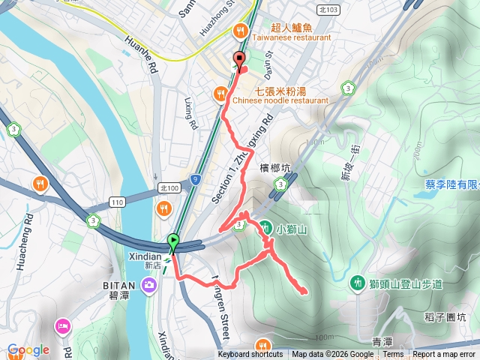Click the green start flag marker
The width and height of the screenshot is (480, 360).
[x=174, y=242]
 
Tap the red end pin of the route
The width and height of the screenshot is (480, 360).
[x=240, y=60]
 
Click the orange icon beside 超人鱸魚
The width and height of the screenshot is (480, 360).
[x=239, y=31]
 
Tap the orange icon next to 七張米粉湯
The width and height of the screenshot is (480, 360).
[x=220, y=94]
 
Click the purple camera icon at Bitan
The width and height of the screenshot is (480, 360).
[x=149, y=284]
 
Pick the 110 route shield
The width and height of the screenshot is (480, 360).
[x=116, y=202]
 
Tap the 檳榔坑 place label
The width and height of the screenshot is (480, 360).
[x=274, y=167]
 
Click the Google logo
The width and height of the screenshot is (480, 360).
[x=28, y=349]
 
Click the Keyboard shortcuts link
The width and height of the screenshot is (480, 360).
[x=250, y=355]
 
